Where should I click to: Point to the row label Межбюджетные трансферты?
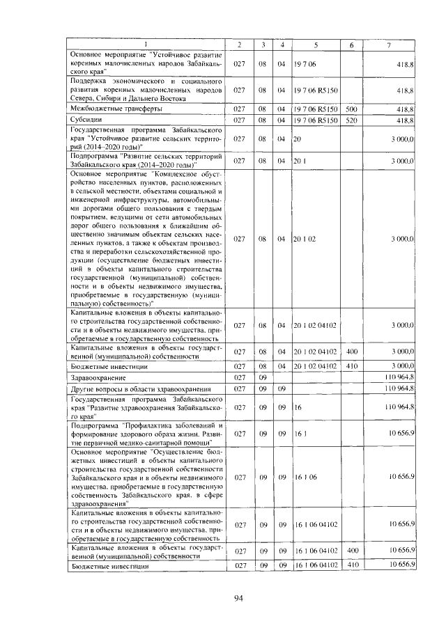(x=117, y=109)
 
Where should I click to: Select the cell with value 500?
(x=351, y=109)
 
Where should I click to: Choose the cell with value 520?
(x=351, y=120)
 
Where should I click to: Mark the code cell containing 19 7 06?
(x=305, y=63)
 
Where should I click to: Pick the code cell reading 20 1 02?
(x=305, y=239)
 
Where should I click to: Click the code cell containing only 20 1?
(x=300, y=161)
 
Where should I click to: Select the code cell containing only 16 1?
(x=300, y=433)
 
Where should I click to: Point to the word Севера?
(x=84, y=98)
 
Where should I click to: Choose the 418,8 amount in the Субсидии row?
(x=403, y=120)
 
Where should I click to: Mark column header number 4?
(x=282, y=45)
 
